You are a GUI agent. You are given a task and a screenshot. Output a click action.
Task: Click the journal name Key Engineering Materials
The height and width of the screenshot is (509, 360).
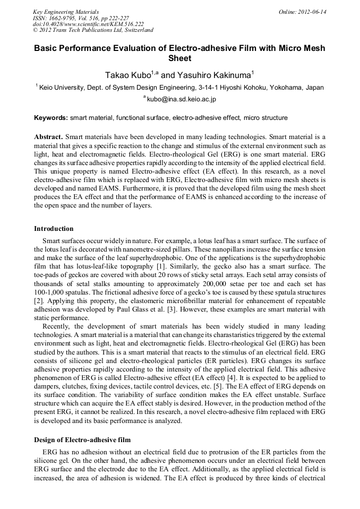click(x=66, y=11)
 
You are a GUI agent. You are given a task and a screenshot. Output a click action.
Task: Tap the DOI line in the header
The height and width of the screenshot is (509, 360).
click(x=88, y=24)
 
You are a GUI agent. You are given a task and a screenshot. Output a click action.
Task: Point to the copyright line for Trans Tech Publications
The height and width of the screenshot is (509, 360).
click(x=93, y=30)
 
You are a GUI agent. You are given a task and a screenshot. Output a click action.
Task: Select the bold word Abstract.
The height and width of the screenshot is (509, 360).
click(x=49, y=136)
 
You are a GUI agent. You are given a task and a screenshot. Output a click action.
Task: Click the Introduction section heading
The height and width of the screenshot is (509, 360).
click(x=54, y=229)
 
